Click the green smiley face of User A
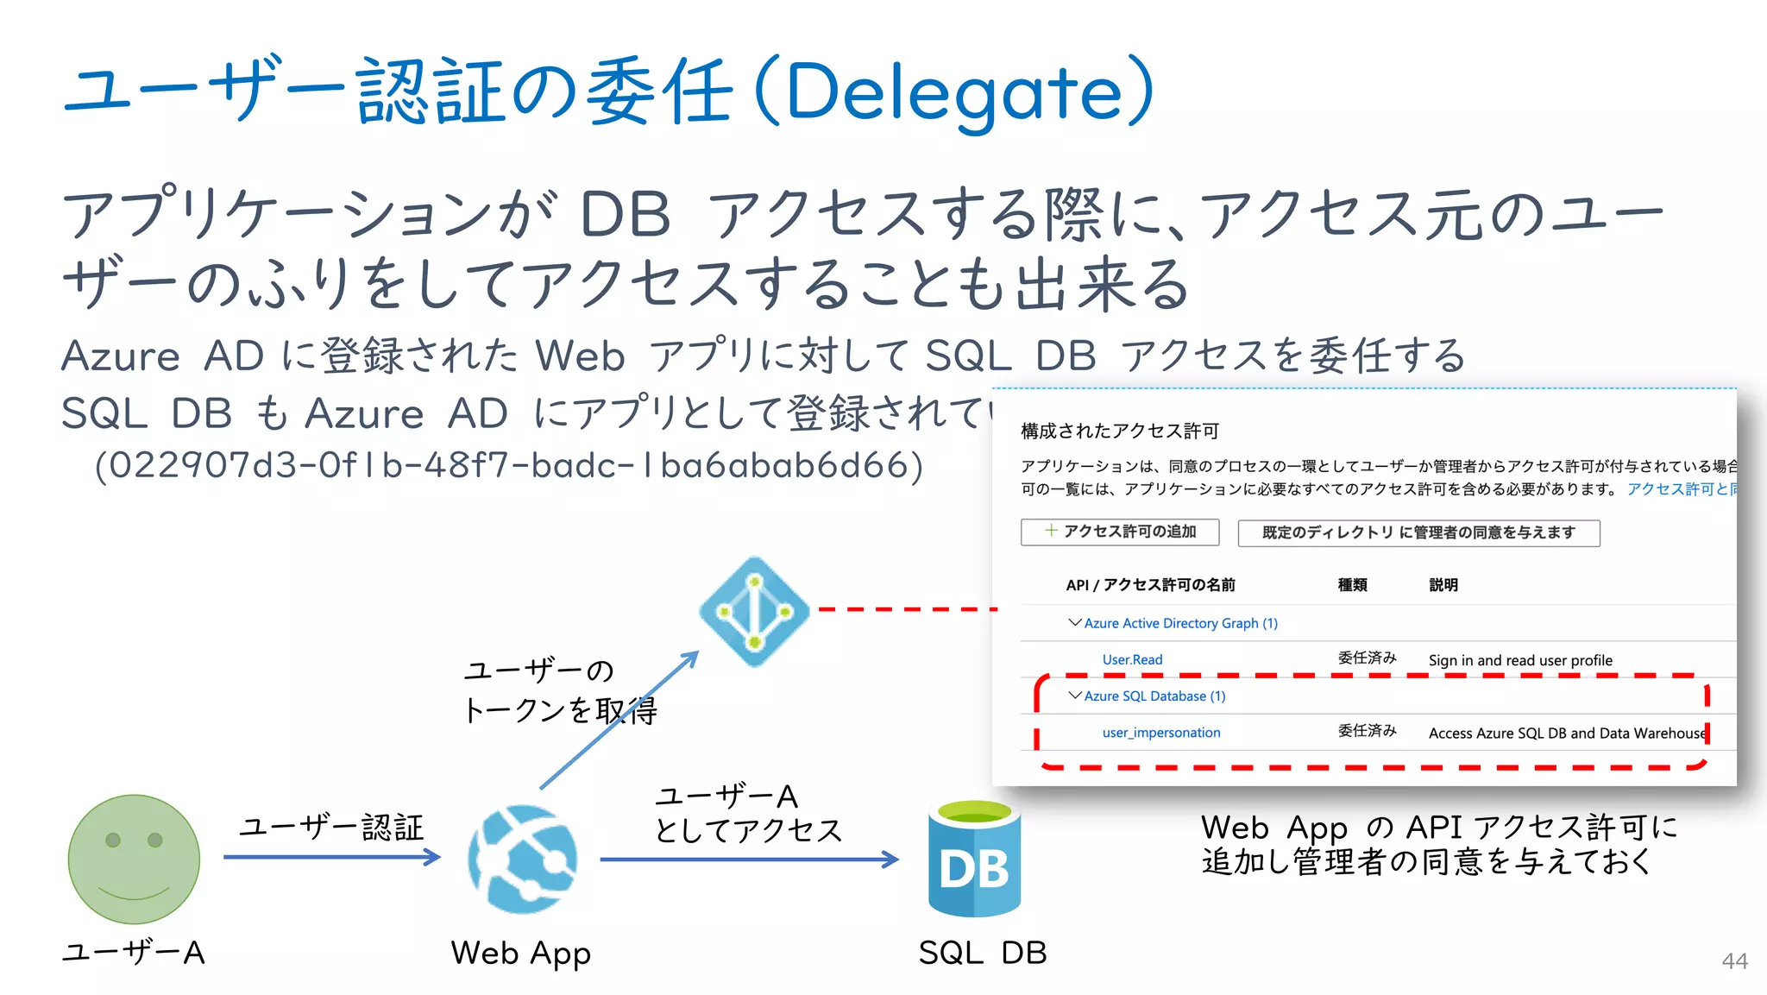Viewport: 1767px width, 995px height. (x=134, y=859)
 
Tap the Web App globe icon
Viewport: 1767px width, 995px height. (x=522, y=859)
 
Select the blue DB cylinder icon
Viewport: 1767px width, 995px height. (x=974, y=860)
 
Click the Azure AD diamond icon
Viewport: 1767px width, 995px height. (x=755, y=611)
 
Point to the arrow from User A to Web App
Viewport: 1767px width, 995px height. (x=332, y=857)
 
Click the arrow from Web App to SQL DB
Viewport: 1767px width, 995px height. (x=749, y=860)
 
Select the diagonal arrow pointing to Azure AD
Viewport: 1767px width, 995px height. (x=618, y=720)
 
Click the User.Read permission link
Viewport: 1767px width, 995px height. (x=1132, y=660)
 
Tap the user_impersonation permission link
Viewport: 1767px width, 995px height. (x=1161, y=733)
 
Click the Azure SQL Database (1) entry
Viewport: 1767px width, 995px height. (x=1154, y=696)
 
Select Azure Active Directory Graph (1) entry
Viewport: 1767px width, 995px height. (x=1180, y=623)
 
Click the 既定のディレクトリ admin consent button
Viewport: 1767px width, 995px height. (x=1418, y=532)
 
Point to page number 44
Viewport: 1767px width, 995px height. (x=1734, y=961)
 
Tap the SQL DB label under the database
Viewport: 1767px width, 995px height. (x=983, y=953)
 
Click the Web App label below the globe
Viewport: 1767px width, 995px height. (x=520, y=954)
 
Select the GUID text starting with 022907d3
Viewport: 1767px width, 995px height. (x=509, y=466)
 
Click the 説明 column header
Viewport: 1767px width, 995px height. (x=1443, y=585)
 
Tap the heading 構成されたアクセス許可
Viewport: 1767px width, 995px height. (x=1120, y=431)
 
